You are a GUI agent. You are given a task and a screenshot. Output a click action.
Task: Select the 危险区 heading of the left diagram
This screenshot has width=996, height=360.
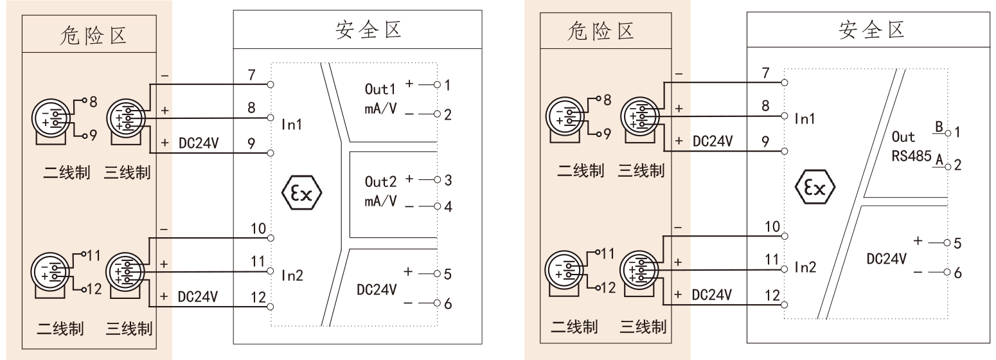point(89,35)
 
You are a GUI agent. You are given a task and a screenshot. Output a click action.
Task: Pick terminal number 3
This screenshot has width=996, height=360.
point(449,181)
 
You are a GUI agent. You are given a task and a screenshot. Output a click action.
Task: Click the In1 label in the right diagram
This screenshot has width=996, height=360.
point(805,118)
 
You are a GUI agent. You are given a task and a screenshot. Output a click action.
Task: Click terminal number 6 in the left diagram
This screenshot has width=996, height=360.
point(449,303)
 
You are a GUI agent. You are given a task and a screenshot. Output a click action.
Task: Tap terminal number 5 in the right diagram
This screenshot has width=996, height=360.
point(957,244)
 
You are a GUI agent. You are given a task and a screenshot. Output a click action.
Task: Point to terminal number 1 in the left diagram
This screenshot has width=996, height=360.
point(449,84)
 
